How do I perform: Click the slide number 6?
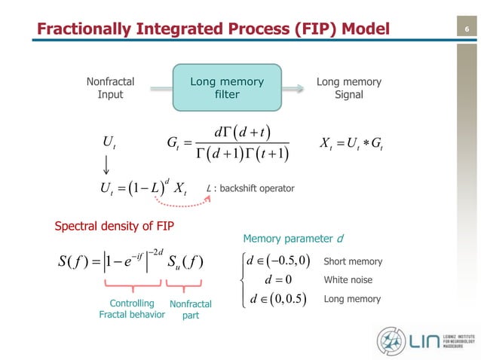point(467,29)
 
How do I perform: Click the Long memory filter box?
point(227,88)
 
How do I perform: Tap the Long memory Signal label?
point(348,88)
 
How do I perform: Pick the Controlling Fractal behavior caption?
point(132,309)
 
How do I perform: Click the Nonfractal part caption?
point(191,310)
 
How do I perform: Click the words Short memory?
point(352,261)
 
